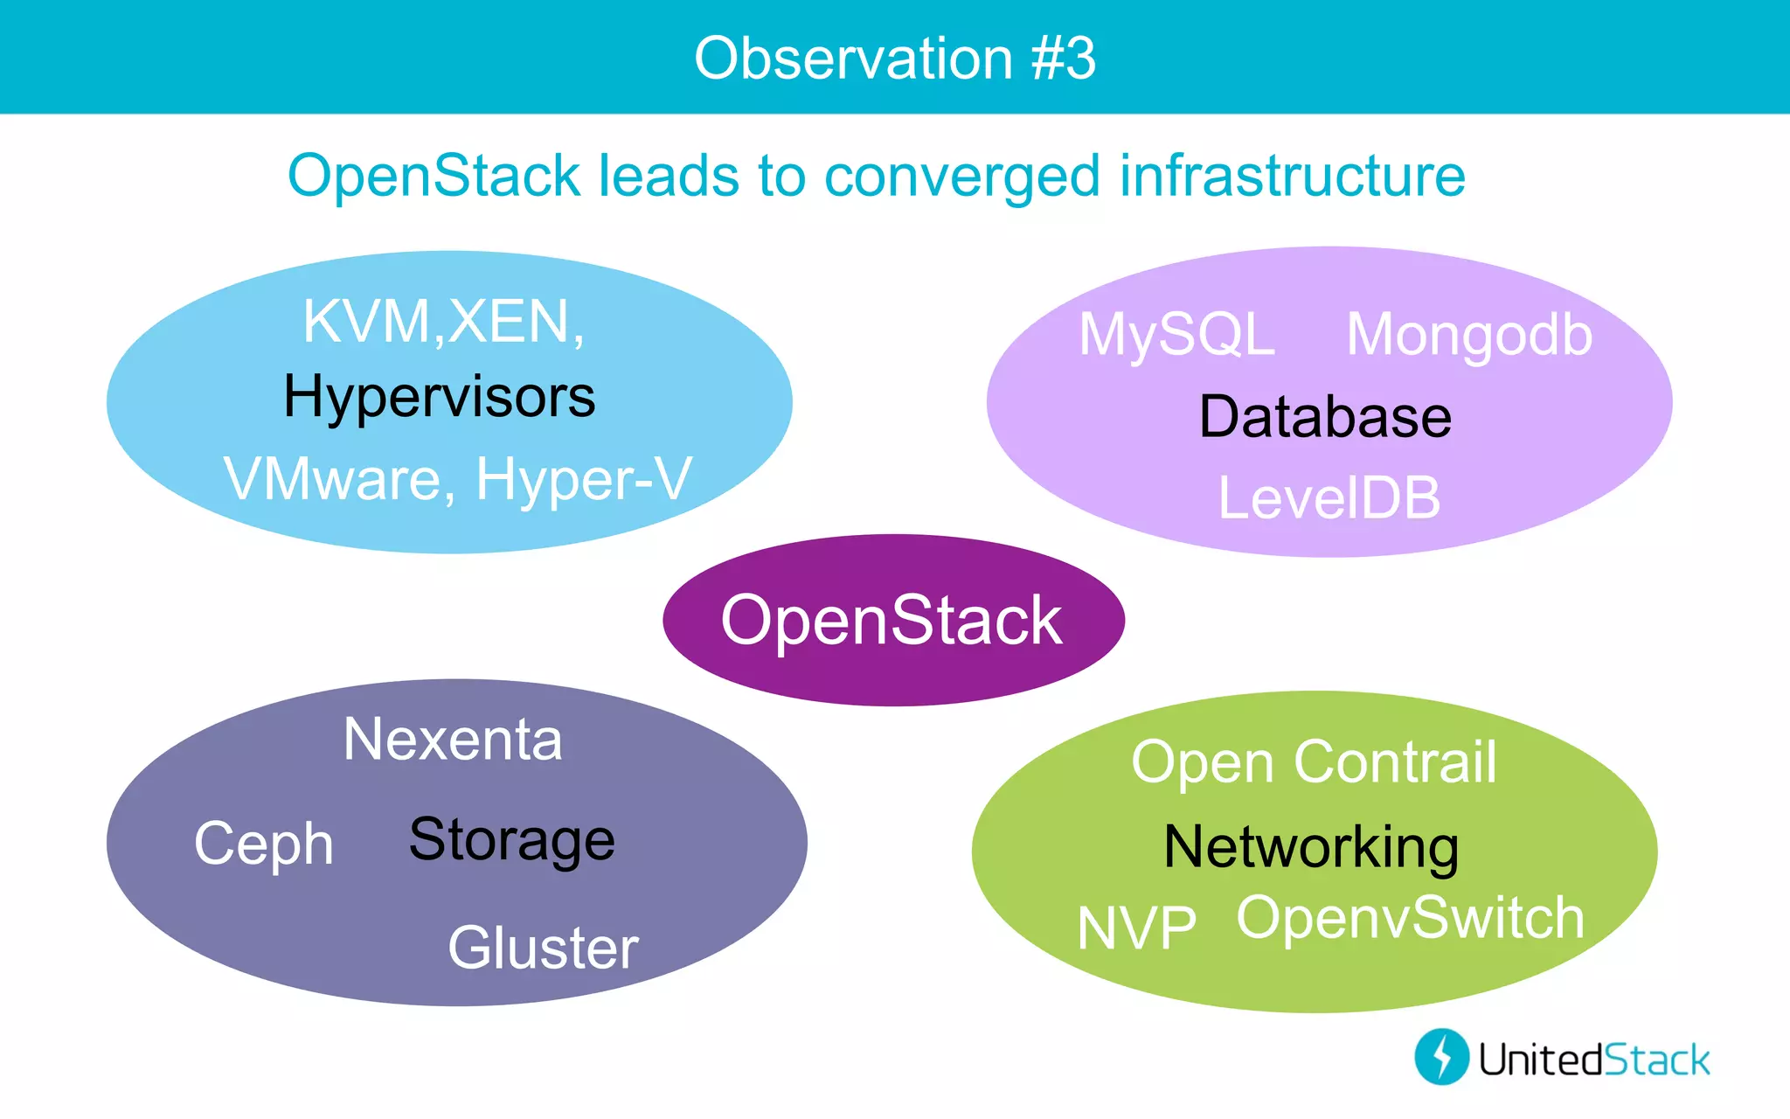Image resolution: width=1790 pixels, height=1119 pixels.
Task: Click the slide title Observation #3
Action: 894,59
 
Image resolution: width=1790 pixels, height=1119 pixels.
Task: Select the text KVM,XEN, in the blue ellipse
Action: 443,323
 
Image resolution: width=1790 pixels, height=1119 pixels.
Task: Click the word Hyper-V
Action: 584,480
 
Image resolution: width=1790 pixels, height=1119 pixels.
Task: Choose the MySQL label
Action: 1176,335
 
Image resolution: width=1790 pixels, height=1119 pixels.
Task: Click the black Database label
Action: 1325,417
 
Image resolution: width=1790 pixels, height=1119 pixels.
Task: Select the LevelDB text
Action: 1329,498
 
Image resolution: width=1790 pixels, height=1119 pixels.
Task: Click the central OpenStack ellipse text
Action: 892,621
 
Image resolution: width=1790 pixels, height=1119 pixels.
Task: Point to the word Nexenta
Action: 453,740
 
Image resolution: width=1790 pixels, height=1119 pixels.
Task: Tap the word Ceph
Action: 264,844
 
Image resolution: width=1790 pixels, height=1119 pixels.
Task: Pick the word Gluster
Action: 543,949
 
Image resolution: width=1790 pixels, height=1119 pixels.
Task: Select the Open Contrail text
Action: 1314,762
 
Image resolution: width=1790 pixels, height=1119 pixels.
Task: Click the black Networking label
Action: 1311,848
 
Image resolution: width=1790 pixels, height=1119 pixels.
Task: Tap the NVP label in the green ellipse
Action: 1136,928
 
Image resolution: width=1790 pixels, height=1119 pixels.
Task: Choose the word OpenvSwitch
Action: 1410,919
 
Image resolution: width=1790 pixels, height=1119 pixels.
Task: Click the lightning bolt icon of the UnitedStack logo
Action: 1441,1057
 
